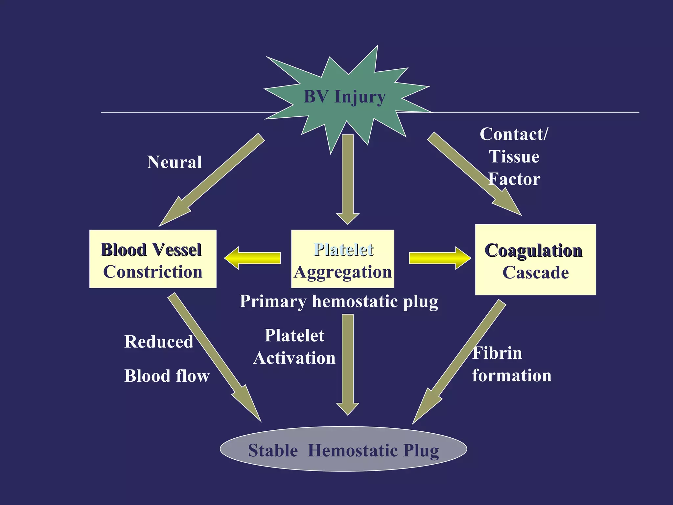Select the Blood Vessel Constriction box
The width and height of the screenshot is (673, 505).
[153, 259]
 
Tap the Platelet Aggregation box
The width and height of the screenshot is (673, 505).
[343, 259]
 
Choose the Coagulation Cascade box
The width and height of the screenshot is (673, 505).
[535, 260]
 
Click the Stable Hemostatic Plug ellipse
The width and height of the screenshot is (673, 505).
[343, 449]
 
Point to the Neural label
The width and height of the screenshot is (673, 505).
[174, 162]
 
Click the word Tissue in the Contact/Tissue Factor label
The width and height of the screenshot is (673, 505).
[514, 156]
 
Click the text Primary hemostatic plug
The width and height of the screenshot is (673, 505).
[339, 301]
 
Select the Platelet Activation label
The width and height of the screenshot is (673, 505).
[294, 347]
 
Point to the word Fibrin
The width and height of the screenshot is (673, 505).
[497, 353]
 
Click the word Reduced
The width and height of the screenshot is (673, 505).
[159, 342]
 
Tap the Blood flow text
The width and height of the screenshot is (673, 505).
[167, 376]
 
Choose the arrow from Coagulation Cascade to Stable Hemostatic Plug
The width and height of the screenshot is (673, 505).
[460, 362]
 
